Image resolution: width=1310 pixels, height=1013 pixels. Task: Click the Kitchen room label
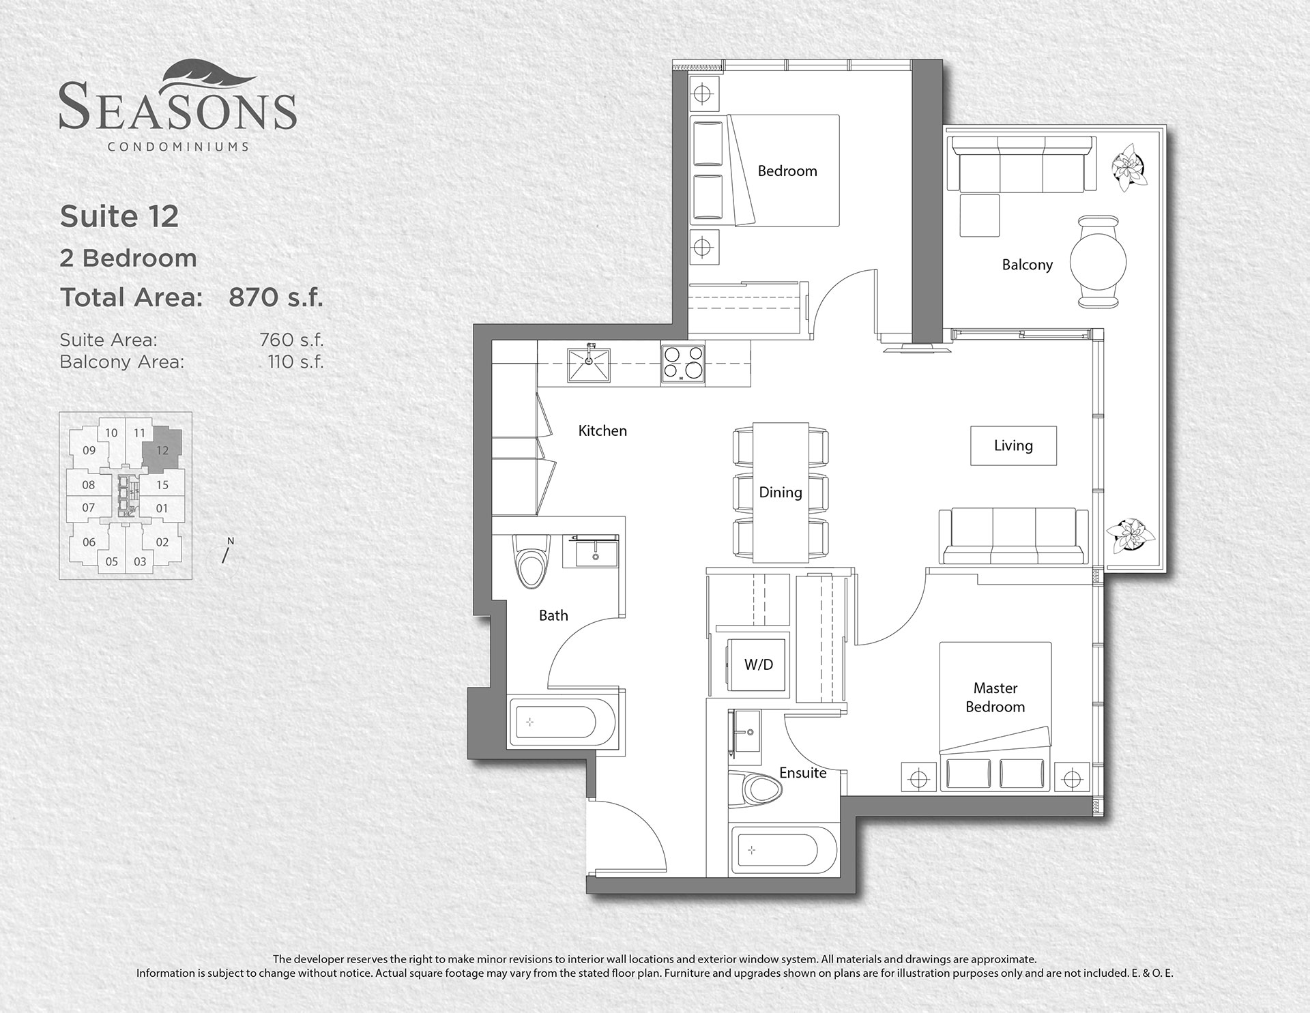[x=602, y=430]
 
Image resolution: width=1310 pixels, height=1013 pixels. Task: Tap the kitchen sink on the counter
[x=589, y=364]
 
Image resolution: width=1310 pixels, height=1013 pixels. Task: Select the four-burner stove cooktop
[x=682, y=364]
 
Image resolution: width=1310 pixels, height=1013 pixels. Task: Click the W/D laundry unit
[x=758, y=664]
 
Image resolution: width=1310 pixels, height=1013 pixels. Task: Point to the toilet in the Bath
[x=533, y=560]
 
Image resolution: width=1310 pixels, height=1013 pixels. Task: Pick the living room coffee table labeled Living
[x=1013, y=446]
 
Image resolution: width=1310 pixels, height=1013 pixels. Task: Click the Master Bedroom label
[x=995, y=697]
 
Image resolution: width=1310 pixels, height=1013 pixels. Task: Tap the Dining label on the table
[x=781, y=493]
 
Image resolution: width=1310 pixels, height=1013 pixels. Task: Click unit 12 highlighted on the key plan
[x=162, y=450]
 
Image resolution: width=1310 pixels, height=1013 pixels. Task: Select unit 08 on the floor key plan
[x=88, y=485]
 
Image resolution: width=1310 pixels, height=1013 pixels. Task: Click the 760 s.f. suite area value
[x=291, y=340]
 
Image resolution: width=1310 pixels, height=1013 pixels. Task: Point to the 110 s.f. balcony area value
[x=295, y=362]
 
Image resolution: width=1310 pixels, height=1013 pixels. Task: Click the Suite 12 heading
[x=119, y=216]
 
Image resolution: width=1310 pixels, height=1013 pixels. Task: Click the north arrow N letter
[x=231, y=541]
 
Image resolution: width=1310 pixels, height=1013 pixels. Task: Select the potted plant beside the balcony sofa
[x=1129, y=166]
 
